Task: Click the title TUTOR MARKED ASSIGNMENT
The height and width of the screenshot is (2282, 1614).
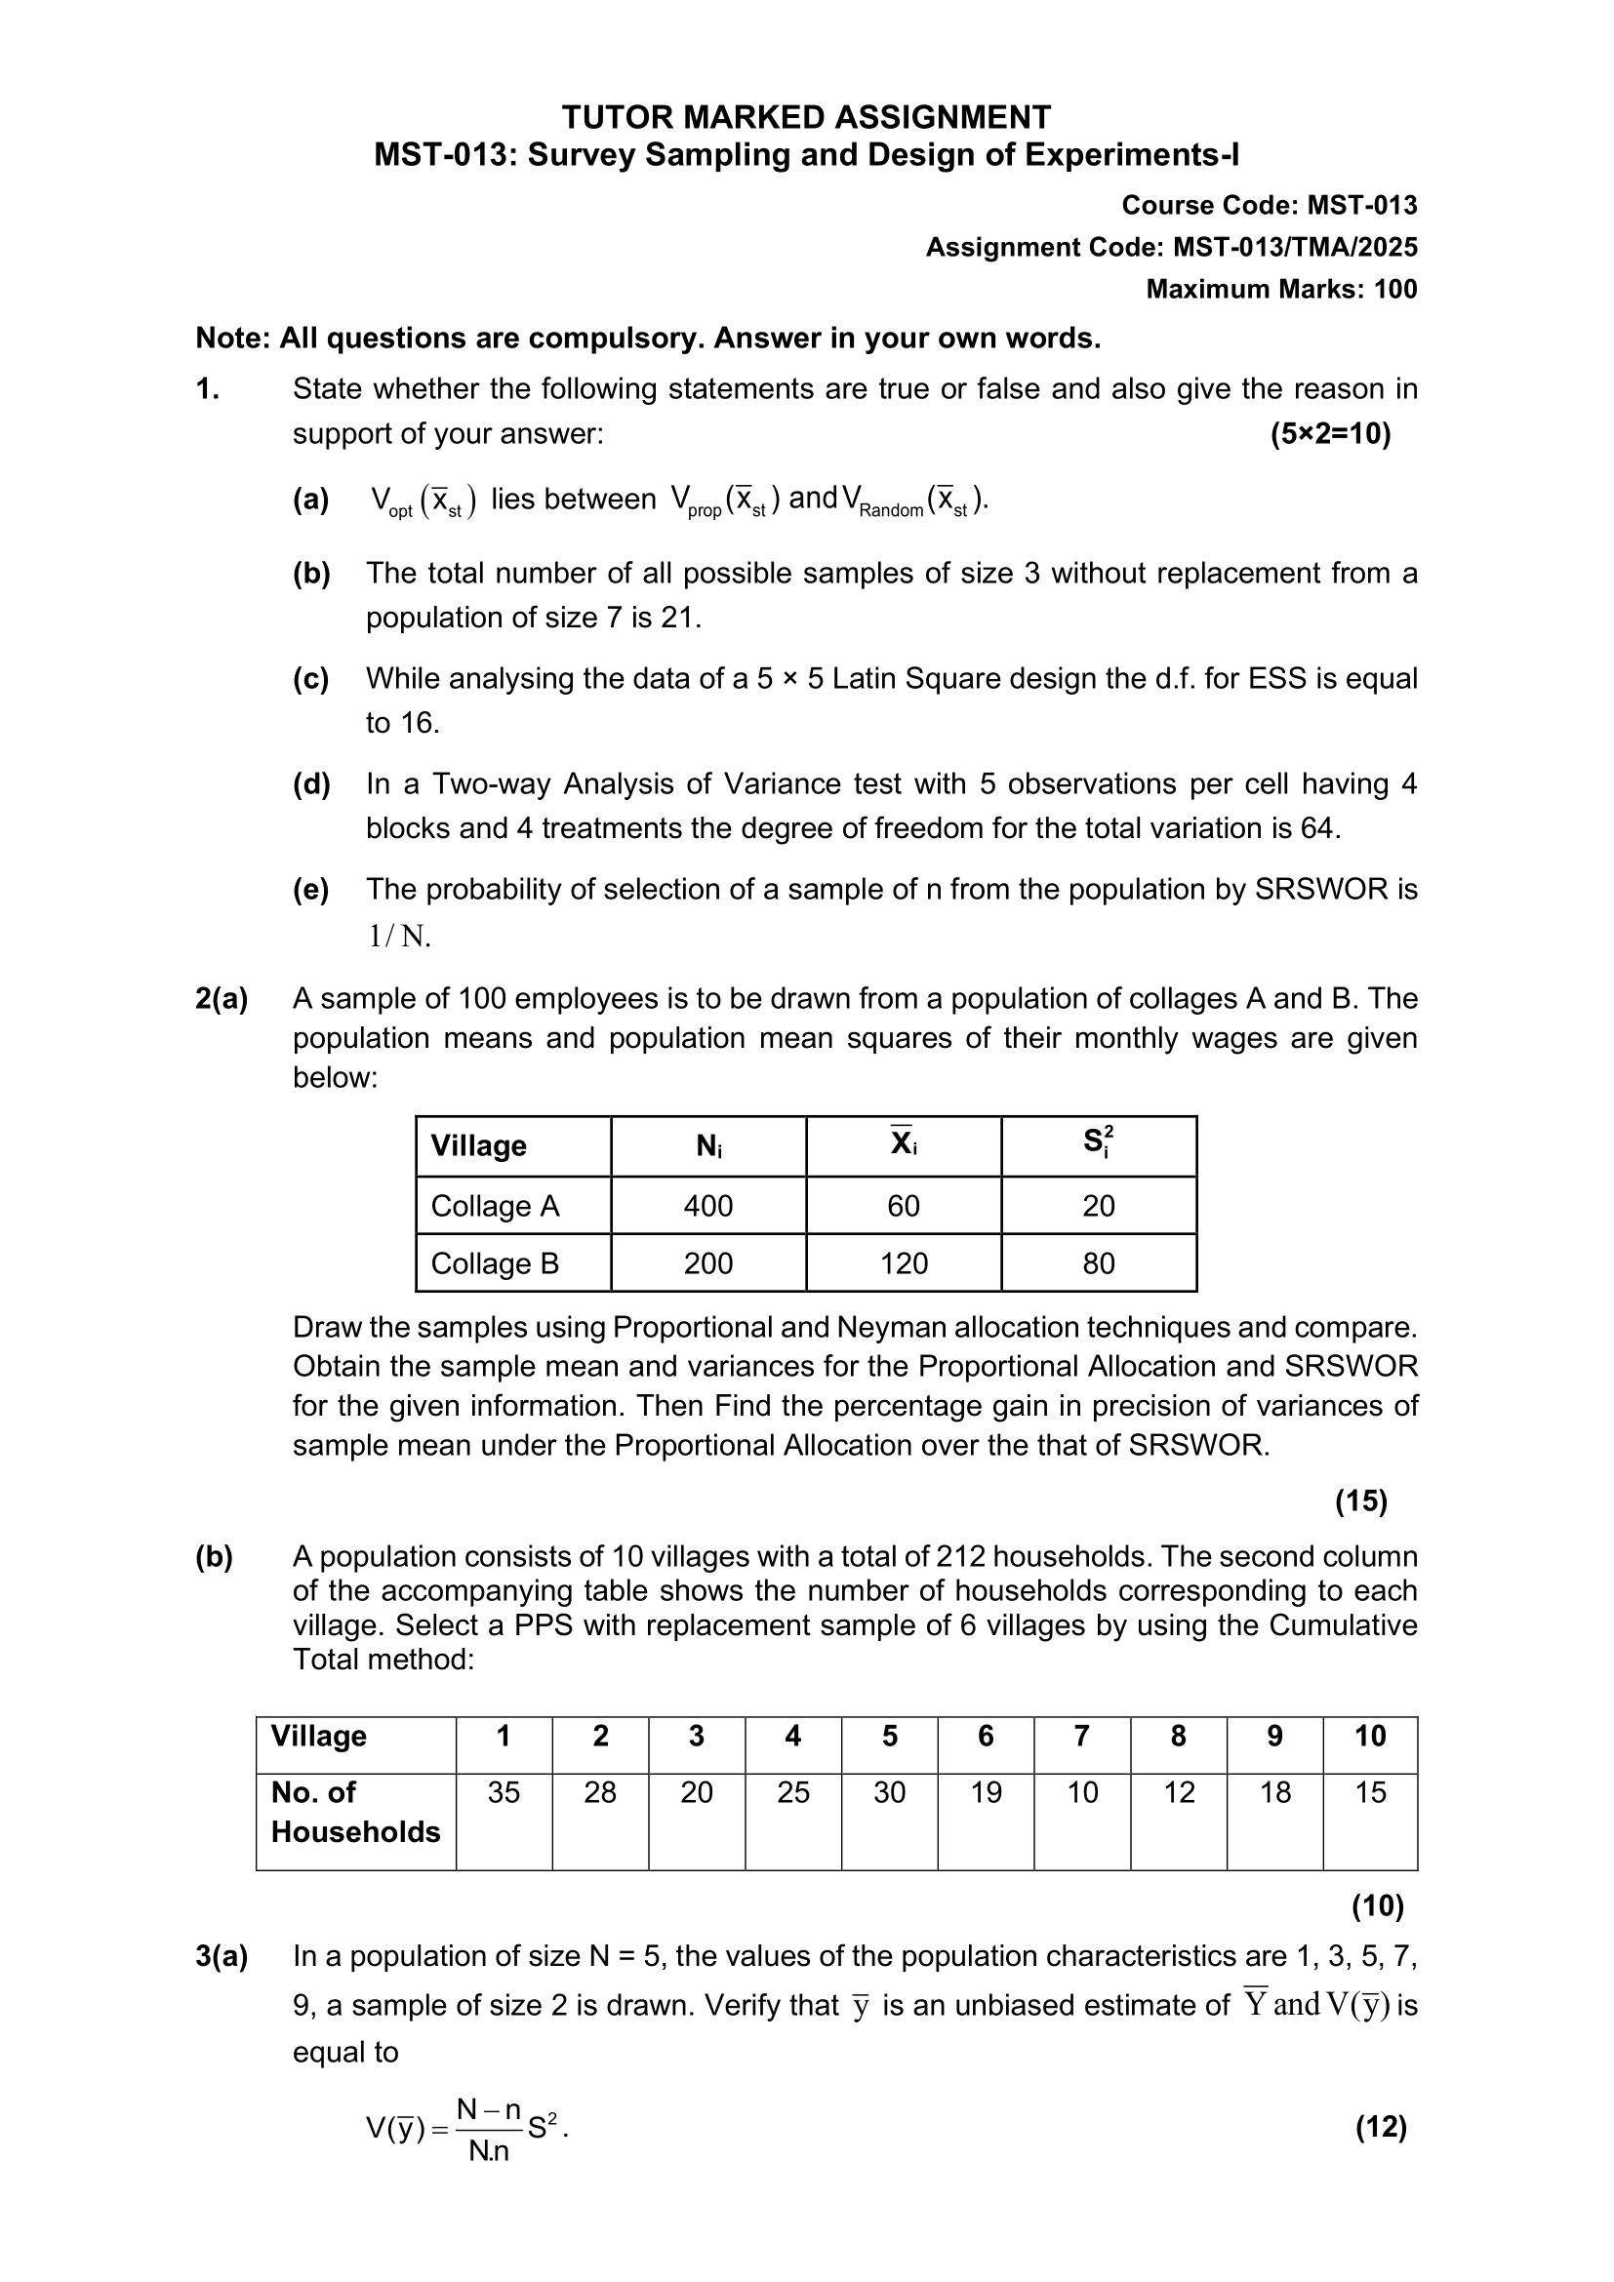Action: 806,117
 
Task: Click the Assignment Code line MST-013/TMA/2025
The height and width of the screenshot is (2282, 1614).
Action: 1171,247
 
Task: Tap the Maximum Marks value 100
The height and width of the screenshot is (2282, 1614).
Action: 1395,289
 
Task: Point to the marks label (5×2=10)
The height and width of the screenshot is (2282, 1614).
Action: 1330,433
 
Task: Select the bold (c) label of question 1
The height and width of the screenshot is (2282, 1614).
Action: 311,678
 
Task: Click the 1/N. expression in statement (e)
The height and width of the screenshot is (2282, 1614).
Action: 399,936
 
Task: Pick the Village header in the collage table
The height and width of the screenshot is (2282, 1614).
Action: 478,1145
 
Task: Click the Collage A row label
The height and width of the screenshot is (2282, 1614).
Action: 495,1206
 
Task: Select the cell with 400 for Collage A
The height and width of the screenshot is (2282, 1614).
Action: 707,1206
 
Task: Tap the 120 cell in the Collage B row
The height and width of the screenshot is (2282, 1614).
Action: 904,1263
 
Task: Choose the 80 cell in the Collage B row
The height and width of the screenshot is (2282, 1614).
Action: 1098,1263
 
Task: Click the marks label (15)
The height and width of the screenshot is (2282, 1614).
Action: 1359,1501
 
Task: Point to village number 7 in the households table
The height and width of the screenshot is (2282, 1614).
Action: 1081,1737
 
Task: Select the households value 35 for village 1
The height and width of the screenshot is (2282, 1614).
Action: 504,1792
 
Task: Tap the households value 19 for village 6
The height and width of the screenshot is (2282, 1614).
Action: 985,1792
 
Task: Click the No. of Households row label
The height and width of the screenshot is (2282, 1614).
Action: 355,1811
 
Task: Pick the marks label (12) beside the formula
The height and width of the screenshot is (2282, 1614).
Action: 1381,2127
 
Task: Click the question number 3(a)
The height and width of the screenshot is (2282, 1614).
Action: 222,1956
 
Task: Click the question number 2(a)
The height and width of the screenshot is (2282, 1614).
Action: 222,999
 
